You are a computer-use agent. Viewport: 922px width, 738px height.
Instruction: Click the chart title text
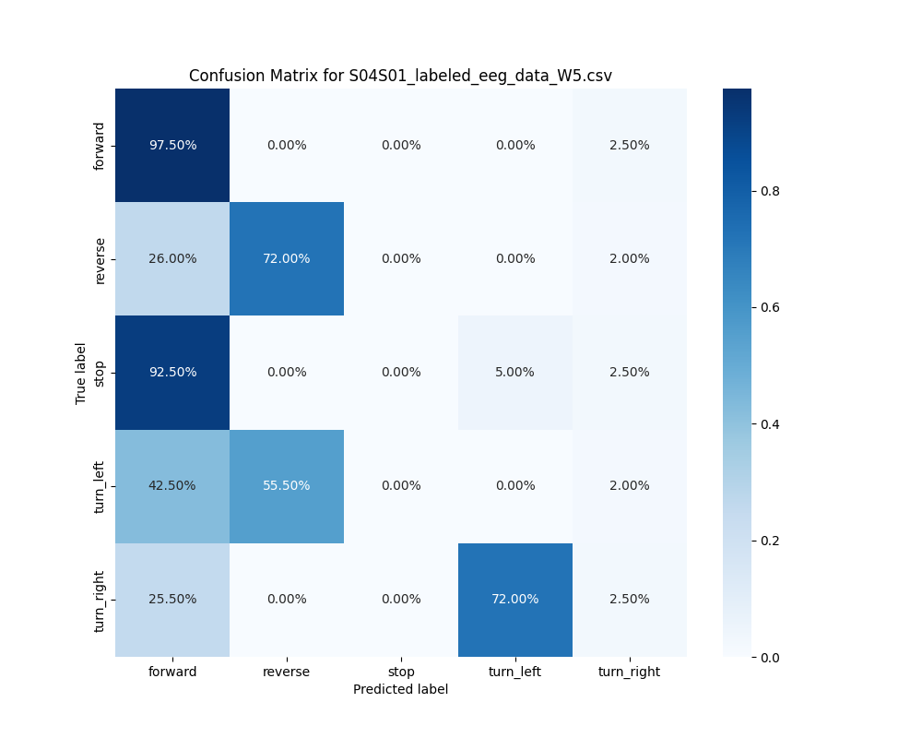[x=400, y=76]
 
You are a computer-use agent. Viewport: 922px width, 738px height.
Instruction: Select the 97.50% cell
[x=172, y=145]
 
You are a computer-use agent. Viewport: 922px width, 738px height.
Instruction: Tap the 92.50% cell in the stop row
[x=172, y=372]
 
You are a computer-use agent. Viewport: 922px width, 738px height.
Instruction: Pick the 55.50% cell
[x=287, y=485]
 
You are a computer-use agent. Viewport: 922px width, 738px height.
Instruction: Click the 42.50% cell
[x=172, y=485]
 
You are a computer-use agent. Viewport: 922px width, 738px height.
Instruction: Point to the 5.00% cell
[x=514, y=372]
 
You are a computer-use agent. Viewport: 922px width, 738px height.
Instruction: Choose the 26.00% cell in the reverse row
[x=172, y=258]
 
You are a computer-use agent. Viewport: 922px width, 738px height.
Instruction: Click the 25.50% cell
[x=172, y=599]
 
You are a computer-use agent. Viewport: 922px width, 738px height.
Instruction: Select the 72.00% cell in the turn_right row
[x=514, y=599]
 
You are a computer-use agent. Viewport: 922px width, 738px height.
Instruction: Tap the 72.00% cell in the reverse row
[x=287, y=258]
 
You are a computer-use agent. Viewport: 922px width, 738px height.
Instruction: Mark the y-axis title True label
[x=81, y=373]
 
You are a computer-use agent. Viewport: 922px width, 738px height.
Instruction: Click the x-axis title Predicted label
[x=400, y=689]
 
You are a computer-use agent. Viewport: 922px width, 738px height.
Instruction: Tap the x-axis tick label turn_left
[x=514, y=672]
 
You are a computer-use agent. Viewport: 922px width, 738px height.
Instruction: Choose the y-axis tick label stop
[x=100, y=373]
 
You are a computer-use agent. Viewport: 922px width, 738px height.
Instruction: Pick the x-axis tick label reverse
[x=287, y=672]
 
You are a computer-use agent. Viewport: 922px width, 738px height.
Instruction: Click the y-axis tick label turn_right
[x=100, y=600]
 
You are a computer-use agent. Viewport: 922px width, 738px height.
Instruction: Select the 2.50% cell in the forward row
[x=629, y=145]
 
